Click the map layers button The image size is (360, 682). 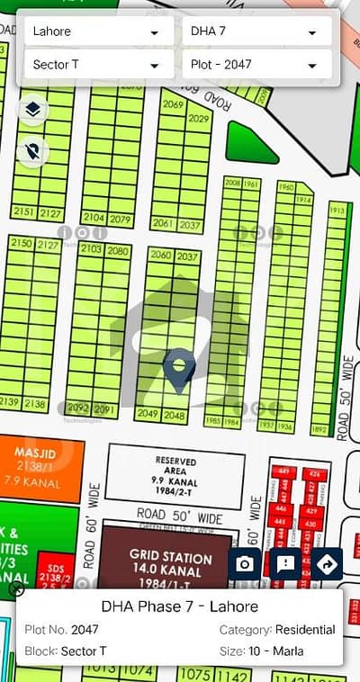(33, 111)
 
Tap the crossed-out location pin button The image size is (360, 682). (33, 153)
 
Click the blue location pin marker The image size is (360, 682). (181, 371)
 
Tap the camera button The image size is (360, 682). (246, 565)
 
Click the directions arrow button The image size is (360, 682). (328, 565)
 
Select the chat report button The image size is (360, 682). (286, 565)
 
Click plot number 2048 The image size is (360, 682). (175, 416)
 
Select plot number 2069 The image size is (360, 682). (174, 105)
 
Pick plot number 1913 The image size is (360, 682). (337, 211)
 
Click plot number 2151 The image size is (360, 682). (24, 213)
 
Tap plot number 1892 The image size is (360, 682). (318, 430)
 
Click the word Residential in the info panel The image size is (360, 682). (306, 630)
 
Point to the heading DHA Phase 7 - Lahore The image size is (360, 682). (179, 606)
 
